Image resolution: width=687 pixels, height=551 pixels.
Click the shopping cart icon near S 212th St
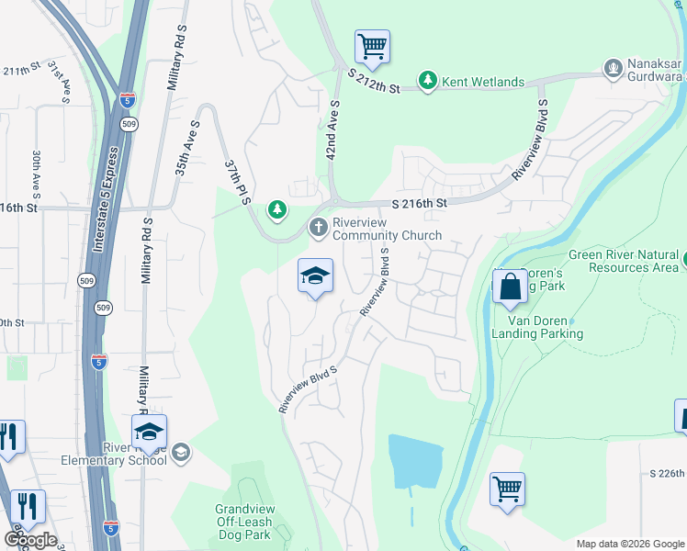coord(372,46)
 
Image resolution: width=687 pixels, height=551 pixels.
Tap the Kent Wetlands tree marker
coord(427,82)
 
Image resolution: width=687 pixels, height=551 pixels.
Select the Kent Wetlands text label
coord(483,82)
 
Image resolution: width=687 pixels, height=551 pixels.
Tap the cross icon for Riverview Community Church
coord(318,226)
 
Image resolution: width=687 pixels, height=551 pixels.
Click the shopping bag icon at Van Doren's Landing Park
coord(510,287)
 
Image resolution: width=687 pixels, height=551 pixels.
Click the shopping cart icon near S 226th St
coord(507,488)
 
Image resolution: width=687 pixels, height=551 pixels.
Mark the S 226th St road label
coord(667,474)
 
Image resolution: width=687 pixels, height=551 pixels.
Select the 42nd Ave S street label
coord(333,133)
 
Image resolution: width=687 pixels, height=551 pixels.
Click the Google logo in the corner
coord(30,540)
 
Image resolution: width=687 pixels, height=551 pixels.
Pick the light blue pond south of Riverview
coord(413,460)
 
